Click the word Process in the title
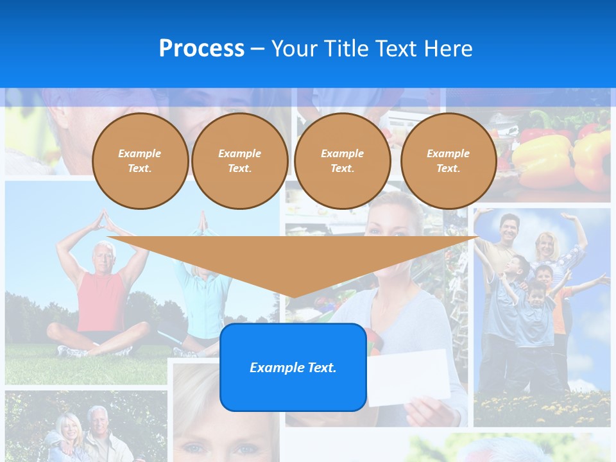pyautogui.click(x=201, y=49)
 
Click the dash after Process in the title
pyautogui.click(x=258, y=49)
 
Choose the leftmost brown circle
pyautogui.click(x=140, y=161)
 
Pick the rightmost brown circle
pyautogui.click(x=448, y=161)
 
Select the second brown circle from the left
pyautogui.click(x=239, y=161)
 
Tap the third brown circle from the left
pyautogui.click(x=342, y=161)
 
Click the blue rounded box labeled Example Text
pyautogui.click(x=293, y=367)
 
